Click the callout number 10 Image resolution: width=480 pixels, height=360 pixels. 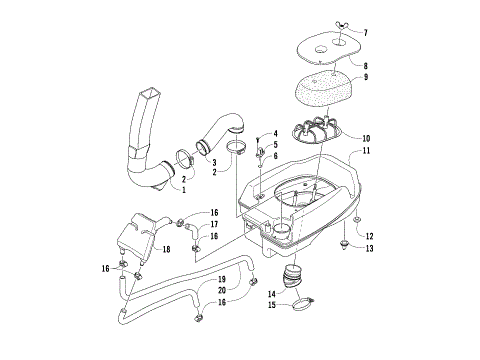365,137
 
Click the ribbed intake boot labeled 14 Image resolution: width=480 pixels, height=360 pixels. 297,277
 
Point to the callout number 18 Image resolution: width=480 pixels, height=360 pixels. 166,248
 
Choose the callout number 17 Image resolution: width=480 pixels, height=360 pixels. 214,225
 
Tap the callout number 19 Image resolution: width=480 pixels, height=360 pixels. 222,279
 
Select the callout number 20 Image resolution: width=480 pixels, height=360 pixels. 222,290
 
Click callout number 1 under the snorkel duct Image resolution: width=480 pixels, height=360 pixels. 183,187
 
